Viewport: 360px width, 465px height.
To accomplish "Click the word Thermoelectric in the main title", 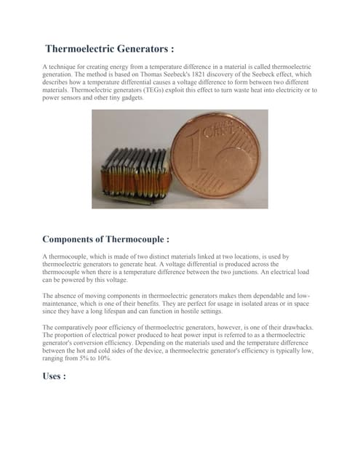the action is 81,49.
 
